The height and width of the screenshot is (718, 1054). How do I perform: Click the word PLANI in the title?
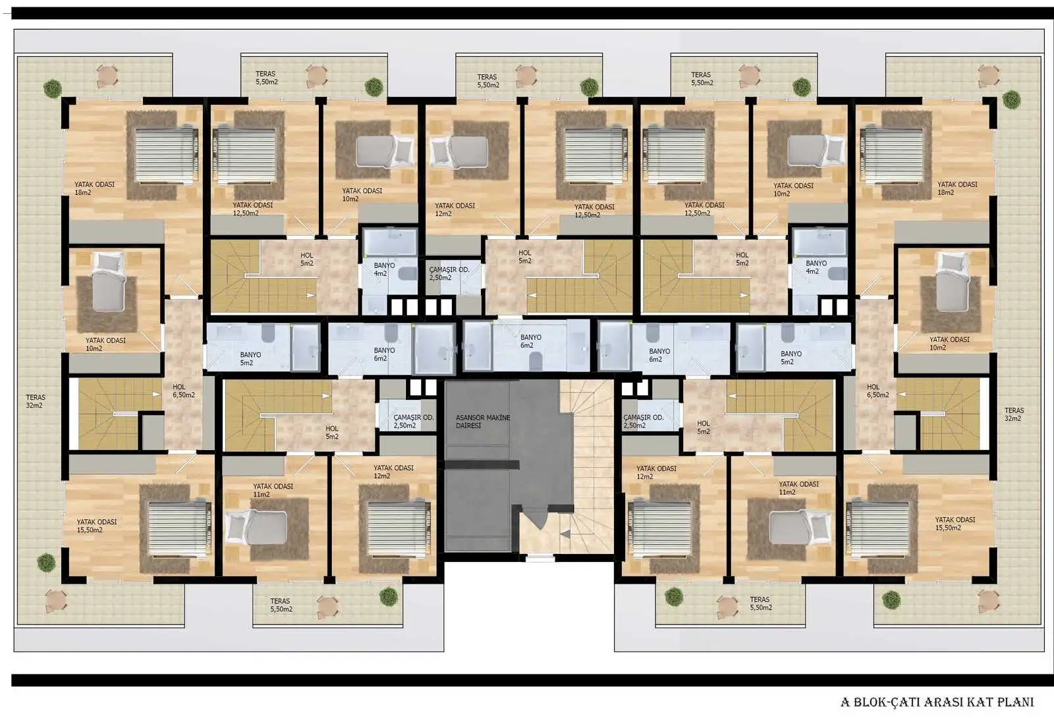click(x=1014, y=702)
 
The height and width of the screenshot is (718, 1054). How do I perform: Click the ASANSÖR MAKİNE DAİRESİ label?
click(x=482, y=422)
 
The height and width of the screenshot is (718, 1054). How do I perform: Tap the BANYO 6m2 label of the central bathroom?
click(x=530, y=341)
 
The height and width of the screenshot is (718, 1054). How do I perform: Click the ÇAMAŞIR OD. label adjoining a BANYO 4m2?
click(x=449, y=273)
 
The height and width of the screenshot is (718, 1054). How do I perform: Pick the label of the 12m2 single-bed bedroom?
click(x=454, y=209)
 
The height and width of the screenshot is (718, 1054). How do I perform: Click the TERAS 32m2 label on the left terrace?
click(x=35, y=401)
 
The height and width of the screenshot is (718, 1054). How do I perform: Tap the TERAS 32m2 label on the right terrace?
click(x=1014, y=414)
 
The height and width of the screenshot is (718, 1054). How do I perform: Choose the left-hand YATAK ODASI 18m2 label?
click(x=94, y=188)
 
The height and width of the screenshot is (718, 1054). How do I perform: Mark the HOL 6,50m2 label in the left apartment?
click(x=183, y=391)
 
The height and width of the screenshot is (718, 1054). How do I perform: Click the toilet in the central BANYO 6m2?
click(x=536, y=360)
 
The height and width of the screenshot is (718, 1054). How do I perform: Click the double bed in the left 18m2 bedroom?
click(x=165, y=155)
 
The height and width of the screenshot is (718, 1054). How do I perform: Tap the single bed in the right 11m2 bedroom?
click(x=794, y=527)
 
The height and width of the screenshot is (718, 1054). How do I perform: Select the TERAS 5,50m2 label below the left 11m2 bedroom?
click(x=281, y=605)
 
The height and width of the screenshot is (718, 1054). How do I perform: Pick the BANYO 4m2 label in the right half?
click(x=816, y=267)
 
